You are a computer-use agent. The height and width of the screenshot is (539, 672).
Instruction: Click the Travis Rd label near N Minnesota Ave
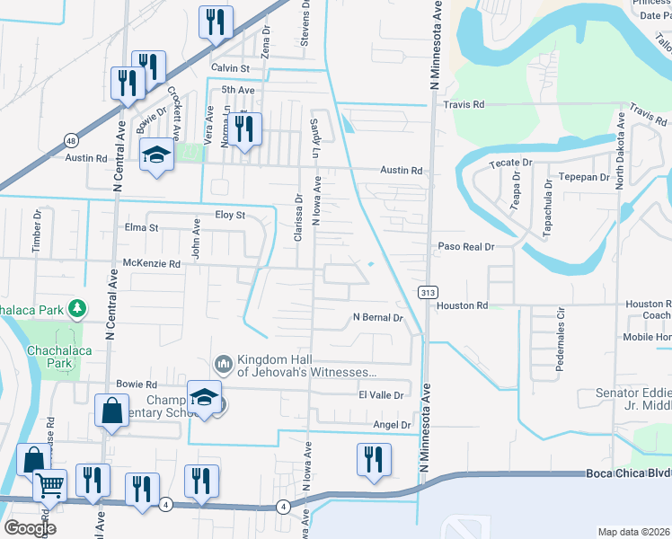[464, 105]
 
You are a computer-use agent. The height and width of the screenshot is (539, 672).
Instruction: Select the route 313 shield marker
[427, 291]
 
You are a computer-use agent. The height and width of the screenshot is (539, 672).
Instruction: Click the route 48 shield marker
[71, 139]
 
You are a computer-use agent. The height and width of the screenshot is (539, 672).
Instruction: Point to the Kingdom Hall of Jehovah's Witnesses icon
[223, 365]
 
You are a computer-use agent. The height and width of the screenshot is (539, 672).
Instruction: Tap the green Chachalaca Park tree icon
[78, 309]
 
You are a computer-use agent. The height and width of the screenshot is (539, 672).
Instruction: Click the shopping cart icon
[49, 484]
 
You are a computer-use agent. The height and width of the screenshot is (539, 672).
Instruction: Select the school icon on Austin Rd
[156, 156]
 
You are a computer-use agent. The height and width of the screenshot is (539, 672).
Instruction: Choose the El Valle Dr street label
[384, 394]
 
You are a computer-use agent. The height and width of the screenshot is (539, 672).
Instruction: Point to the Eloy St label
[229, 216]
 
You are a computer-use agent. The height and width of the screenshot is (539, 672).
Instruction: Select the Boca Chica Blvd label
[628, 473]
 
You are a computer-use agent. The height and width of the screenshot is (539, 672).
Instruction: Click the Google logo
[29, 528]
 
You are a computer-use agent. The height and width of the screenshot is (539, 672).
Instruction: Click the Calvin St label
[230, 68]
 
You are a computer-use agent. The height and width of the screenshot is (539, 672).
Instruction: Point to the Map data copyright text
[632, 532]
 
